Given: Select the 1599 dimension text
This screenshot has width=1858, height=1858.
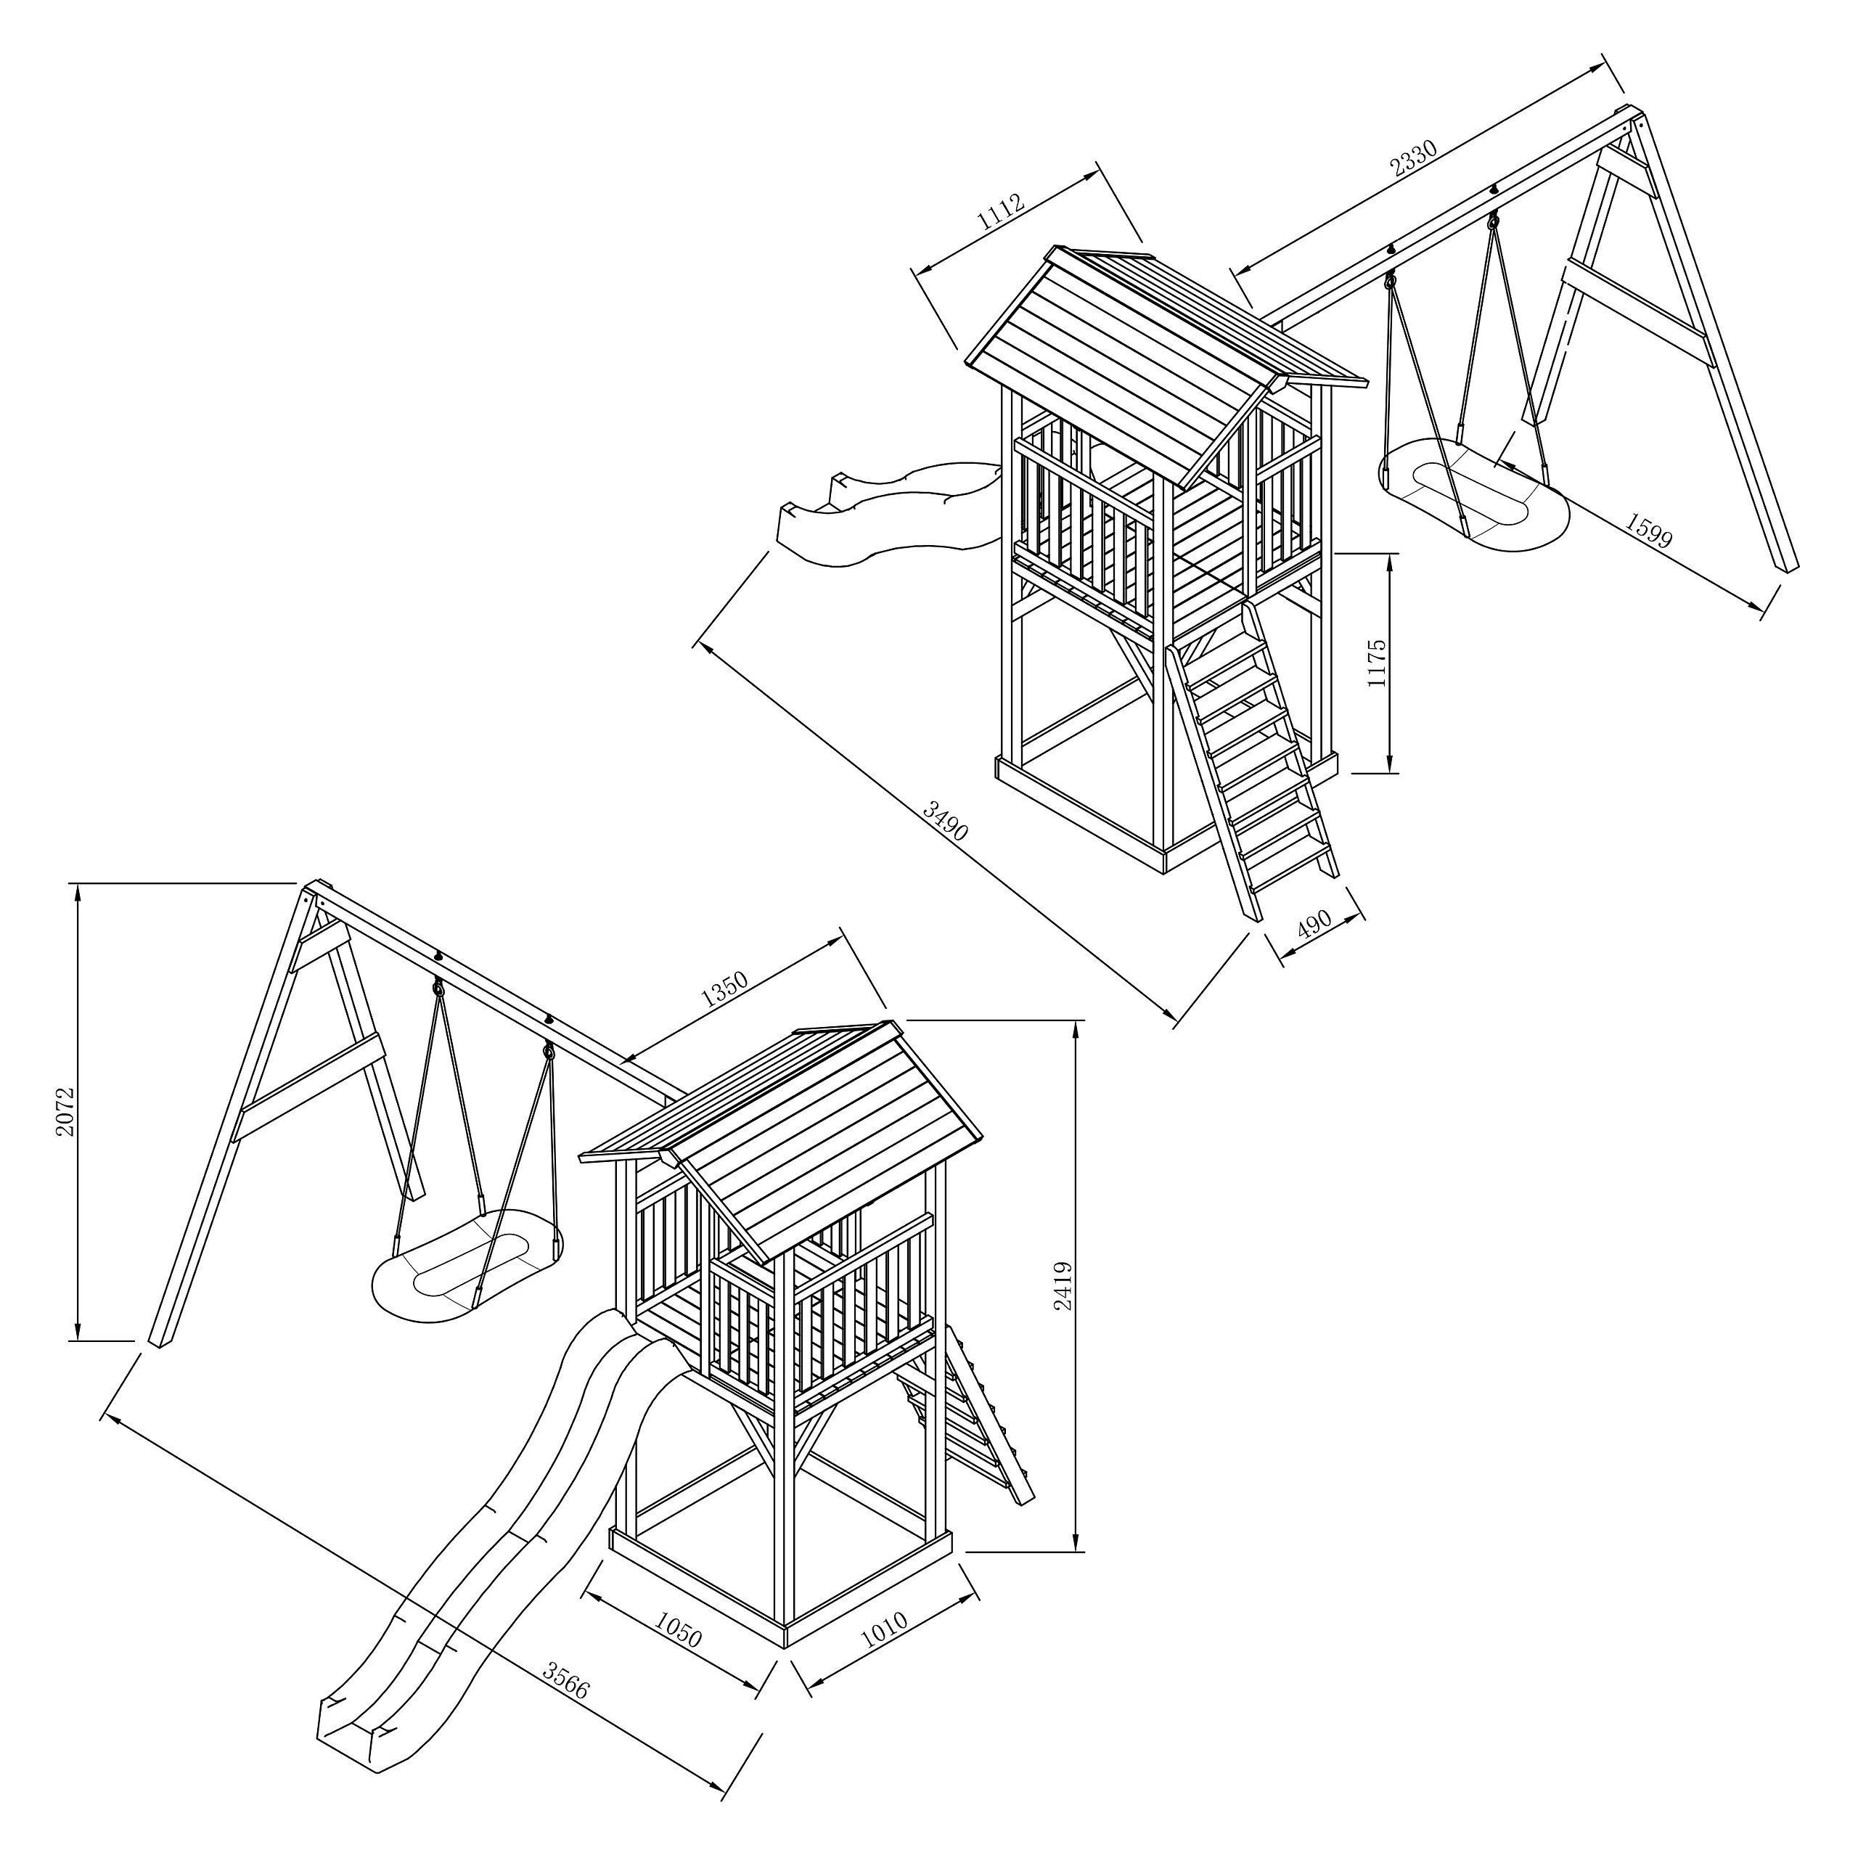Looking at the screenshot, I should (x=1648, y=529).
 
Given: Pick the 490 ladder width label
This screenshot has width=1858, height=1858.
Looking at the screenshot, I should (x=1314, y=923).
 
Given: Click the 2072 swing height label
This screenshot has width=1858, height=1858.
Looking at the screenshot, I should (x=65, y=1112).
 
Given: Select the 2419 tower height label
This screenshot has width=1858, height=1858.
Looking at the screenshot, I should (x=1062, y=1286).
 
